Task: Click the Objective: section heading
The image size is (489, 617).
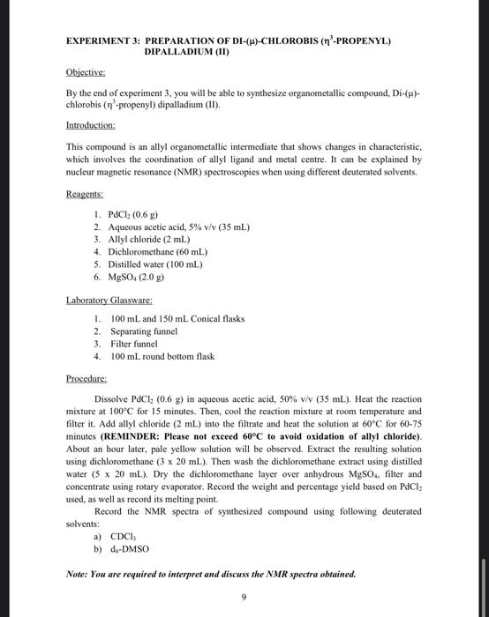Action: point(86,73)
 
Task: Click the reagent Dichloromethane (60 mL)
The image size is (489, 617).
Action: point(159,251)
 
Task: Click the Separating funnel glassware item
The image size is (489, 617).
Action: point(143,331)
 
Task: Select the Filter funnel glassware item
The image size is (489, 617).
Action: point(134,344)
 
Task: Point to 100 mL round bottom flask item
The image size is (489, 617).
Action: point(162,356)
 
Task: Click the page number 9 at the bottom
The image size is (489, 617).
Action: point(244,598)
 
